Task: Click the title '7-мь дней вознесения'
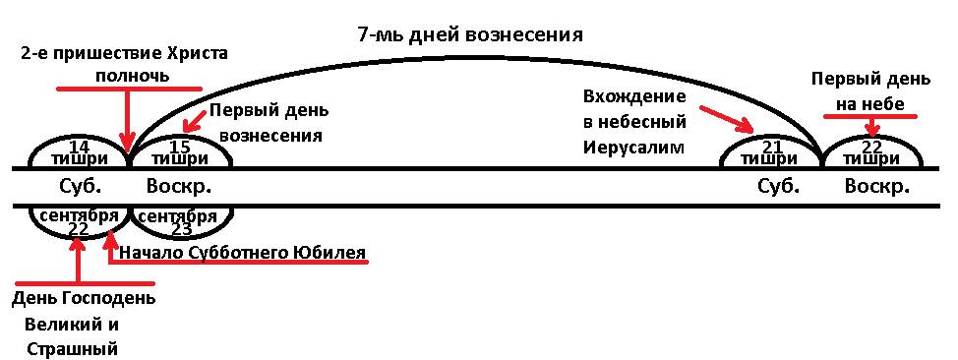click(469, 34)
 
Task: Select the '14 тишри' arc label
click(78, 152)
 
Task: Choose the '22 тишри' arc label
click(872, 152)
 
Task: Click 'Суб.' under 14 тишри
click(77, 186)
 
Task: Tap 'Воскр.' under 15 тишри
click(180, 187)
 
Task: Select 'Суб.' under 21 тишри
click(777, 186)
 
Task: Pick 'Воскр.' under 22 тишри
click(877, 187)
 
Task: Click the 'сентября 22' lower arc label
click(80, 222)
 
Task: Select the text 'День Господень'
click(84, 300)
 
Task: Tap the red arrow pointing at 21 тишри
click(728, 119)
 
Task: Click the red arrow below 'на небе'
click(872, 126)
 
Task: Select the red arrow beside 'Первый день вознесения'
click(197, 123)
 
